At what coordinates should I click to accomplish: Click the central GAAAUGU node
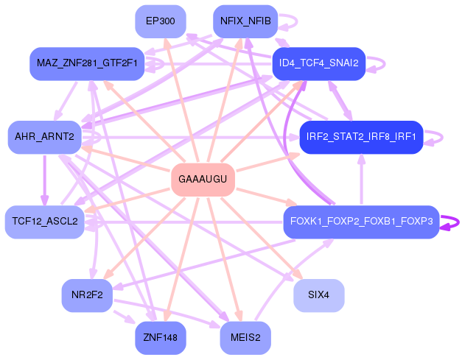[x=203, y=180]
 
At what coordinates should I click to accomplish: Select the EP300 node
[x=161, y=21]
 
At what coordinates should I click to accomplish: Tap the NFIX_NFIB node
[x=245, y=21]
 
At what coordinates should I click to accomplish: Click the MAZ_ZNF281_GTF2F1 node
[x=87, y=63]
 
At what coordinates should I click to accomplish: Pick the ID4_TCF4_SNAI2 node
[x=319, y=63]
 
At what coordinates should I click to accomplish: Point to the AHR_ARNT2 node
[x=44, y=137]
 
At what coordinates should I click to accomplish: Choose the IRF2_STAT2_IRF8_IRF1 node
[x=361, y=137]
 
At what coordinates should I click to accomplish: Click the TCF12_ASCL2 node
[x=45, y=222]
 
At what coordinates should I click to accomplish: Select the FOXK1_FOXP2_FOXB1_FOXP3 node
[x=361, y=222]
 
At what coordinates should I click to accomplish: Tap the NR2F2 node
[x=87, y=295]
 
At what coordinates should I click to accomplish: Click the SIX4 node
[x=319, y=295]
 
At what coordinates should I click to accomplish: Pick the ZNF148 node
[x=161, y=338]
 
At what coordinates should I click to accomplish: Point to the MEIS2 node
[x=245, y=338]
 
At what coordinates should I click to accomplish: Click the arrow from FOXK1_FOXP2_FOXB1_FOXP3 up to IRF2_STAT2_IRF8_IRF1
[x=361, y=180]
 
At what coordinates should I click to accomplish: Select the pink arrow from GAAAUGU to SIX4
[x=262, y=238]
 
